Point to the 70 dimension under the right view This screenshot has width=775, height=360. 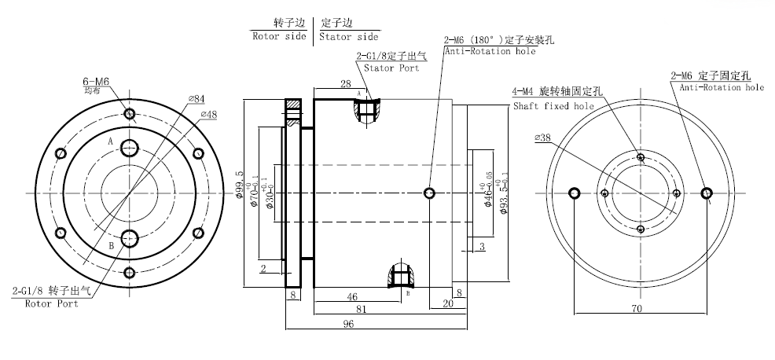pos(637,309)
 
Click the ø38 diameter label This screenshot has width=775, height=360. pos(545,137)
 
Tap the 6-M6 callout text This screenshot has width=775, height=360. pos(96,81)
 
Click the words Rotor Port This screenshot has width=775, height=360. pos(51,303)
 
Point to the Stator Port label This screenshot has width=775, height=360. pos(391,68)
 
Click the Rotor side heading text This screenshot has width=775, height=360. pos(280,36)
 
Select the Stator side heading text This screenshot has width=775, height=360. pos(350,36)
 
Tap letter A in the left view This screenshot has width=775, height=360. pos(111,141)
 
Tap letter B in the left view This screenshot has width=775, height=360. pos(111,245)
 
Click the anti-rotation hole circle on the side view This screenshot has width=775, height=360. pos(430,193)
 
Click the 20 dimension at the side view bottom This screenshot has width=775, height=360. pos(448,302)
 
